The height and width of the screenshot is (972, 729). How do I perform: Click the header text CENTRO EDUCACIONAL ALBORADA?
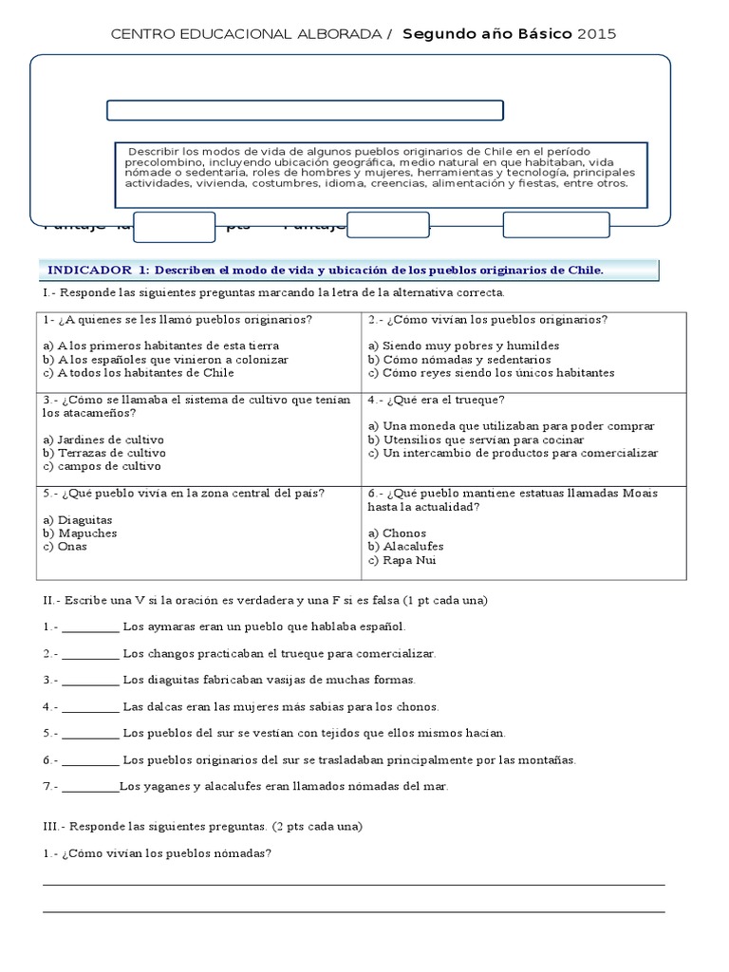(247, 34)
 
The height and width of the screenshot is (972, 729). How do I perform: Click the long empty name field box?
(305, 110)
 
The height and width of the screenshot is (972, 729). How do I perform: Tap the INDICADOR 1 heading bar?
(346, 271)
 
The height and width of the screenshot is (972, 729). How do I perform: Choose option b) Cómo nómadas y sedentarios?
(459, 360)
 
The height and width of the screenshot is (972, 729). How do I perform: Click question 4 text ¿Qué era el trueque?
(437, 400)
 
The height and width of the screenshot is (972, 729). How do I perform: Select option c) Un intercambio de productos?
(513, 453)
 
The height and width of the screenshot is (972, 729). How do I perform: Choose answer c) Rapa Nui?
(403, 560)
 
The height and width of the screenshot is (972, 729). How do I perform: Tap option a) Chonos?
(398, 533)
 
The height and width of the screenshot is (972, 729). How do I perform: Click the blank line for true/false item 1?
(91, 627)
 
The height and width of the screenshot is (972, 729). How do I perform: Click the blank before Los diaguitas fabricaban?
(91, 681)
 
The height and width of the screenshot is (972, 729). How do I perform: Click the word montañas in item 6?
(545, 759)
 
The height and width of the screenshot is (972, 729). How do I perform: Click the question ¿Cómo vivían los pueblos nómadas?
(158, 852)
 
